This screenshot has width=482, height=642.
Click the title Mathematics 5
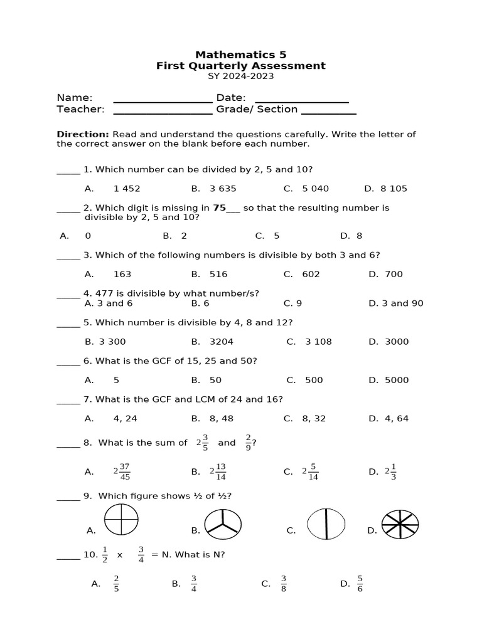pos(240,55)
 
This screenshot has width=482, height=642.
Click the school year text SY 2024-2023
pos(240,76)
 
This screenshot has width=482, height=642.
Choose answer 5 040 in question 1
pos(315,188)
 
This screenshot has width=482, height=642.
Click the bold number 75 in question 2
pos(219,208)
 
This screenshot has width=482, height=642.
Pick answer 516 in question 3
pos(218,274)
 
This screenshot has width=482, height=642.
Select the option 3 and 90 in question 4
pos(404,303)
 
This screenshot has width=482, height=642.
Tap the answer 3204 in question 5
pos(221,342)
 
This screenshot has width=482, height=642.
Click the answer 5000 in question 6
pos(397,380)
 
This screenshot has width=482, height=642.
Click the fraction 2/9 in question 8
pos(249,443)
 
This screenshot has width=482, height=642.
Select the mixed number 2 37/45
pos(122,471)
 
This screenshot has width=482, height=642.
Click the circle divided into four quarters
pos(121,520)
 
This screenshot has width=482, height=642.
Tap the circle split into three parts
pos(223,524)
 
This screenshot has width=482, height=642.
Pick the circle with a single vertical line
pos(326,524)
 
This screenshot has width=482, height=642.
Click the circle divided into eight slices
pos(400,524)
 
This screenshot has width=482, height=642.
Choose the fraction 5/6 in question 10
pos(360,584)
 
